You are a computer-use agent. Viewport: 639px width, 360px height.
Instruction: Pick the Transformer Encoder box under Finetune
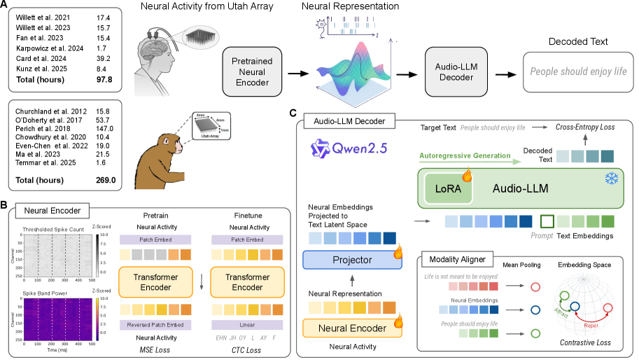point(247,281)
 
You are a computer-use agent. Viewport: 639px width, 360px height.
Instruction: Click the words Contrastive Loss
point(584,342)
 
